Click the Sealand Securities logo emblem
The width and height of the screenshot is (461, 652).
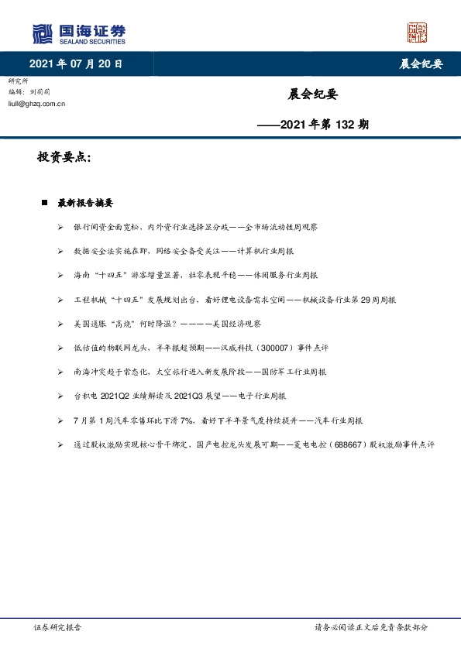(x=42, y=33)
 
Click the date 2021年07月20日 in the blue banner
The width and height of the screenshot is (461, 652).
(x=76, y=63)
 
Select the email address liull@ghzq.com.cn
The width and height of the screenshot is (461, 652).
(x=36, y=102)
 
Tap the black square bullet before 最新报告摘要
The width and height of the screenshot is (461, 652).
(x=44, y=203)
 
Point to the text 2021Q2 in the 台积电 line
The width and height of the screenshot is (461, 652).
(x=115, y=396)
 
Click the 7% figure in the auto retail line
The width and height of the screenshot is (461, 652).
(x=184, y=420)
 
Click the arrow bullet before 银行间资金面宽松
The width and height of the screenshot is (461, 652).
(x=60, y=228)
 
